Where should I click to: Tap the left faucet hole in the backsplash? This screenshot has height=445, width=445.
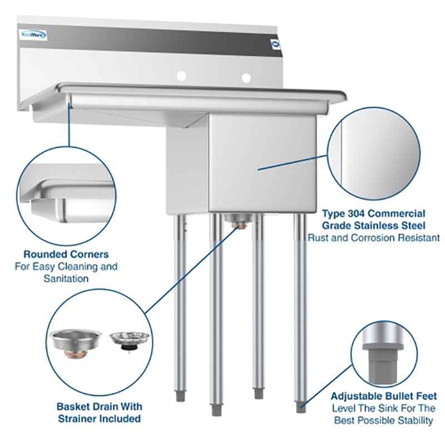pos(180,76)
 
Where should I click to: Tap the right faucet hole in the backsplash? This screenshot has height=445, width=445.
pos(246,77)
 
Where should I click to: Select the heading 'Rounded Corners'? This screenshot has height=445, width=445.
pos(66,254)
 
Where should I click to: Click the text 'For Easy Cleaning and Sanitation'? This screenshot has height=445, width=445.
pos(66,273)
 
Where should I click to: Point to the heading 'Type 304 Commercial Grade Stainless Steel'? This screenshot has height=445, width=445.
pos(374,220)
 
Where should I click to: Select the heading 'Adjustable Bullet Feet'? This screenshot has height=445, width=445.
pos(384,396)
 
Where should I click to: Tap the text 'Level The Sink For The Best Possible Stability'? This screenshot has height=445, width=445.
pos(384,414)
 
